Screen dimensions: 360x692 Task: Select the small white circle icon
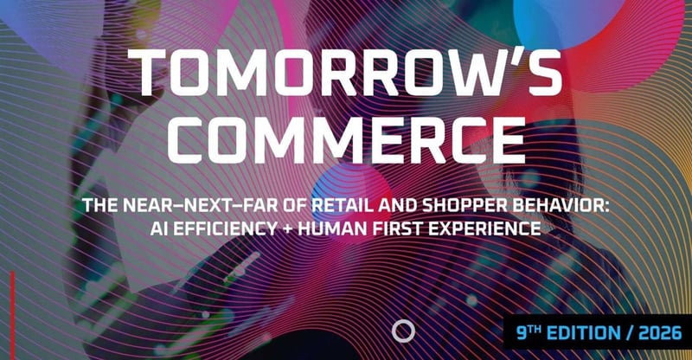(x=402, y=330)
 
